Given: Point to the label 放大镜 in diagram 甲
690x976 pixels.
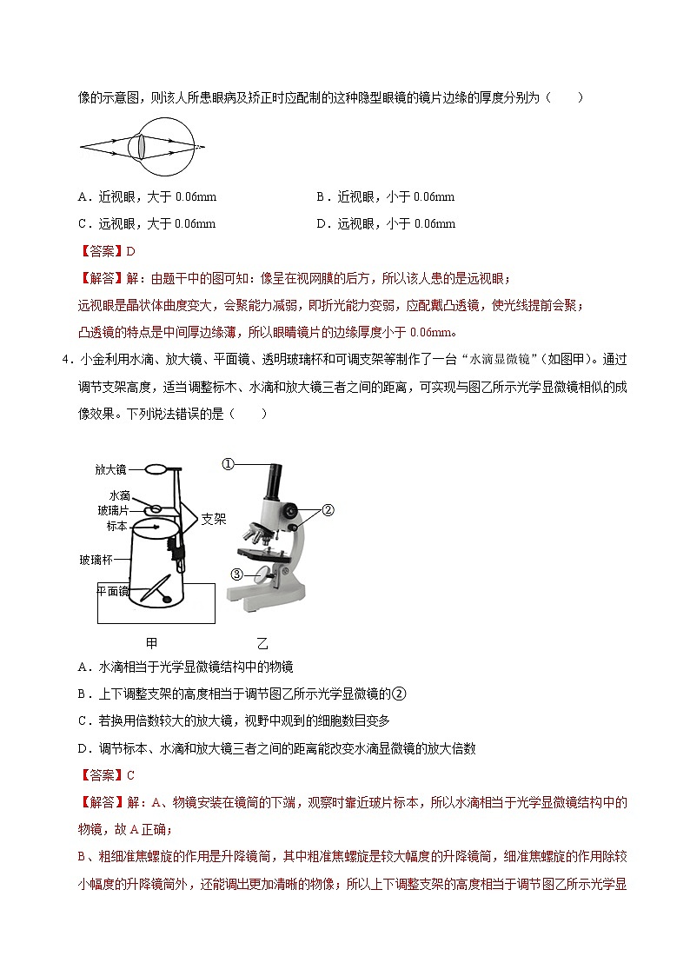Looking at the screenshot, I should [x=110, y=469].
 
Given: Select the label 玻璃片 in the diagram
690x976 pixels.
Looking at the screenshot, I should [x=113, y=510].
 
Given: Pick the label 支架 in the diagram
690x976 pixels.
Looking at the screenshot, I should [x=214, y=519].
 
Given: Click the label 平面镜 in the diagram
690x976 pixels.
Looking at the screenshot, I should [x=113, y=591].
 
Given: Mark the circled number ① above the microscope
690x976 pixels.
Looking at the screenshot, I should [x=228, y=464].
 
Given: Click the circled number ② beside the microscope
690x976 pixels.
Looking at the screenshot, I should [x=328, y=511].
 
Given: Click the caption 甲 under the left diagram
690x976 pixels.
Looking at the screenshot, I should [x=152, y=643].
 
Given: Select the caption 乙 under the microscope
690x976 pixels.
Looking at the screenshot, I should [x=262, y=644].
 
